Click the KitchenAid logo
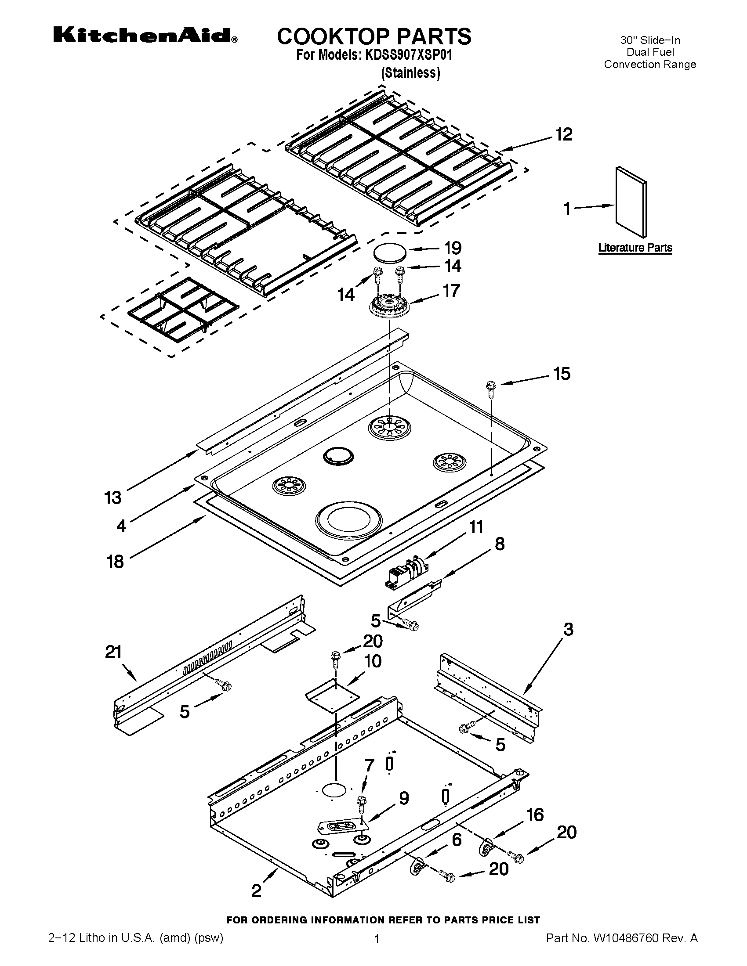pyautogui.click(x=145, y=36)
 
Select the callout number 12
pyautogui.click(x=563, y=134)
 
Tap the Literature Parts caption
pyautogui.click(x=635, y=248)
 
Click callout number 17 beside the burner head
pyautogui.click(x=451, y=291)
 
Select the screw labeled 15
pyautogui.click(x=491, y=386)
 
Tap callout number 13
pyautogui.click(x=113, y=498)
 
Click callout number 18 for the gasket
pyautogui.click(x=115, y=562)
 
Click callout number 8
pyautogui.click(x=499, y=544)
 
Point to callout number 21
pyautogui.click(x=113, y=652)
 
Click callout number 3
pyautogui.click(x=568, y=629)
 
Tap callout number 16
pyautogui.click(x=535, y=814)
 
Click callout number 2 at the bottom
pyautogui.click(x=257, y=890)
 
